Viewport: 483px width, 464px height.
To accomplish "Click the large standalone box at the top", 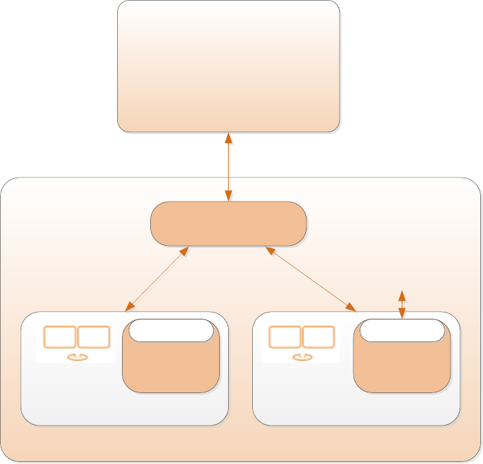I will [x=228, y=66].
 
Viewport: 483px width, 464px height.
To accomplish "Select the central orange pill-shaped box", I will [x=228, y=223].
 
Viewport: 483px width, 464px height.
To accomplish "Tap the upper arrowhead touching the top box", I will [x=228, y=138].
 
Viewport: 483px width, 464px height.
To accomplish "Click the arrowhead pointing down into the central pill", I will [x=228, y=196].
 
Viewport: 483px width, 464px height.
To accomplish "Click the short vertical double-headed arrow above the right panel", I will [x=402, y=304].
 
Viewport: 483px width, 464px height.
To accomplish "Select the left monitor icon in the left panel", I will [x=59, y=337].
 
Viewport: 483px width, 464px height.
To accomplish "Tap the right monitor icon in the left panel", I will [x=94, y=337].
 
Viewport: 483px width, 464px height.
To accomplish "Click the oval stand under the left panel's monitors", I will [x=76, y=357].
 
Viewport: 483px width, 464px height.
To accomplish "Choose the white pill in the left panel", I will [x=171, y=330].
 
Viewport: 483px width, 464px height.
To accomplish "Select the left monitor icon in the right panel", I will [x=285, y=337].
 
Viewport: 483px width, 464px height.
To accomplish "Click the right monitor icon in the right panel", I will [x=318, y=337].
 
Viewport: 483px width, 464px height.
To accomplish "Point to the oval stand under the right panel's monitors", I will [x=302, y=357].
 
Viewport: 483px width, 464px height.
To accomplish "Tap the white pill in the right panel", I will [x=402, y=330].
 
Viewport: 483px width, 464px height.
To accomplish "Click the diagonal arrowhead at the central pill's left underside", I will [x=184, y=251].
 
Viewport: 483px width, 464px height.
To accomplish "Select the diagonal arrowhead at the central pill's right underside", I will [x=271, y=251].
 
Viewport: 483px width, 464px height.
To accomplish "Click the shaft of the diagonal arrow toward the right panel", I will [x=310, y=279].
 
